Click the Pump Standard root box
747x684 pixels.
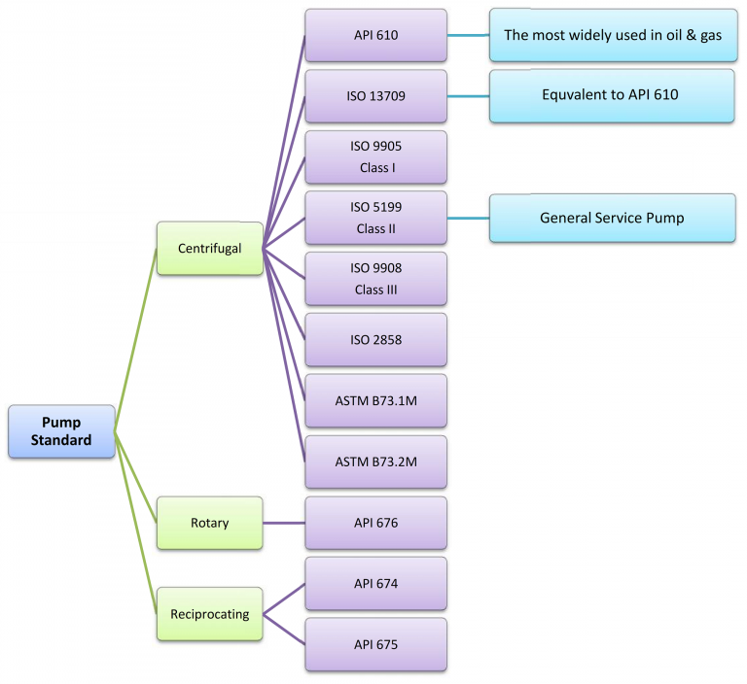(61, 431)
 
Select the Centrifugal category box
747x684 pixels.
(209, 249)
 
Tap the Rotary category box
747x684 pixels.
(209, 523)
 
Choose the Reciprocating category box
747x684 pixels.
(209, 614)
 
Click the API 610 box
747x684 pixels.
(375, 35)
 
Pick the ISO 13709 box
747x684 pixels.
(375, 95)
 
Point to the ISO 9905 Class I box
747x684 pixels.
(375, 156)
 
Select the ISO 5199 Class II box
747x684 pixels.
(375, 218)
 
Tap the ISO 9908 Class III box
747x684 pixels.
(375, 279)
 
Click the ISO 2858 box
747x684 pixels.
(375, 339)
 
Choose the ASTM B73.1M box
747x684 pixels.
(375, 400)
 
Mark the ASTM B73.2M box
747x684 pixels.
(375, 462)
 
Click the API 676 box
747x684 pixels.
(375, 523)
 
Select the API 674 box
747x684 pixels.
(375, 584)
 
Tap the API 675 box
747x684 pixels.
(375, 644)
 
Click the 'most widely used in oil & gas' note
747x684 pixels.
(612, 35)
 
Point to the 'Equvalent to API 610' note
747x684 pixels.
(612, 95)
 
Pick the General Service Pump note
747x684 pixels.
(612, 218)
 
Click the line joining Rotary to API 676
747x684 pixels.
(284, 523)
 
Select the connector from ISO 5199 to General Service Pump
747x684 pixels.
(468, 218)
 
